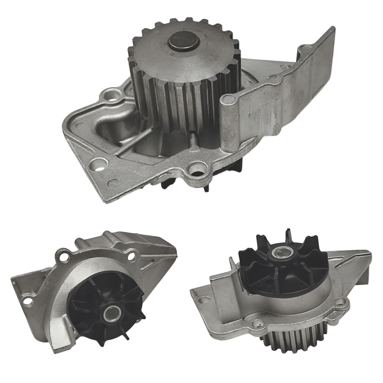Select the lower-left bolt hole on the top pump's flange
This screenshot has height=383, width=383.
pyautogui.click(x=98, y=163)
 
